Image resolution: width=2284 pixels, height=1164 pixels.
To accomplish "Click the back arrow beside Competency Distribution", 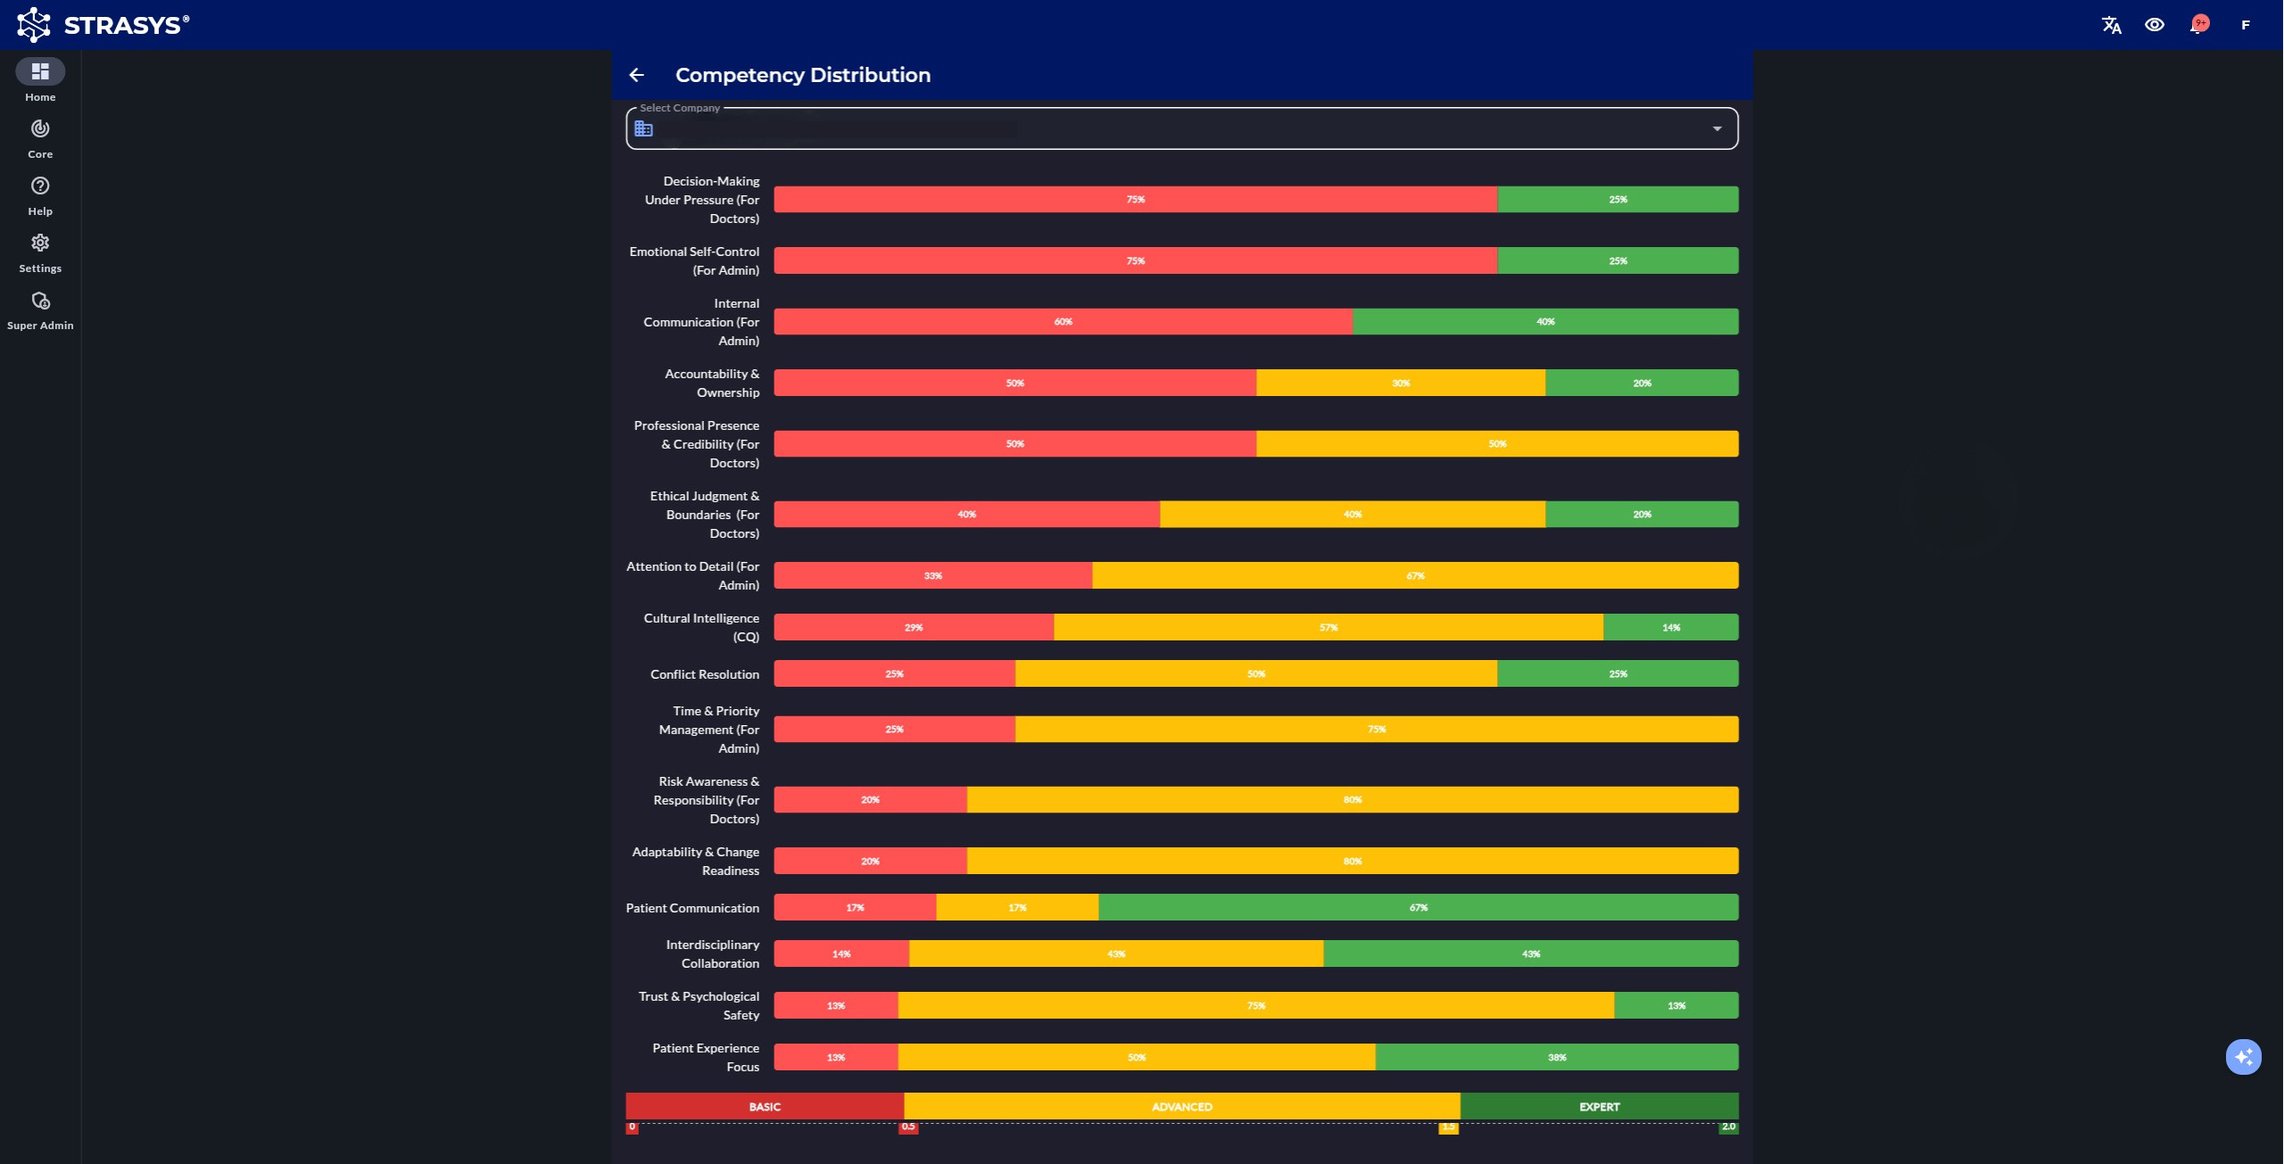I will (636, 75).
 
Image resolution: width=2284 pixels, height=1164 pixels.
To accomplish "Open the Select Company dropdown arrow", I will (1717, 128).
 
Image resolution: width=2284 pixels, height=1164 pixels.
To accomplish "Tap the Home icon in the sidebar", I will (40, 71).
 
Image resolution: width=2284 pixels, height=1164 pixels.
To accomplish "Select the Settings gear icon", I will (40, 244).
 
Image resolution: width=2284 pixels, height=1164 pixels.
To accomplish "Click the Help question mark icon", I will (40, 186).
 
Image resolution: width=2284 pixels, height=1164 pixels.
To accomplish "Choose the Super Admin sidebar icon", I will (40, 301).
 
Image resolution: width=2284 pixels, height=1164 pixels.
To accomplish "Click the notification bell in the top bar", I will (2198, 25).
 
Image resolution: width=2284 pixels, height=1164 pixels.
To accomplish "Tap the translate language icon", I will (2111, 25).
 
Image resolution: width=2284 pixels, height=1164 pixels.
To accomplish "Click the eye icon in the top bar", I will (2155, 25).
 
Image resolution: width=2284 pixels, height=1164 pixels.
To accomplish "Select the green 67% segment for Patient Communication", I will (1418, 907).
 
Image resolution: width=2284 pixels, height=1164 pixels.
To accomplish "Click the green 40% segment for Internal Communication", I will (1545, 322).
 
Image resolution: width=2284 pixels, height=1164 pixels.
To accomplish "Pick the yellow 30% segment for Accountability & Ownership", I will (1401, 383).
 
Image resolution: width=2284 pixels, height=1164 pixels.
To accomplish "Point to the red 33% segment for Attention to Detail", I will (932, 575).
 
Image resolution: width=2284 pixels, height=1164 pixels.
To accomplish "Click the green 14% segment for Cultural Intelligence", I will (1670, 627).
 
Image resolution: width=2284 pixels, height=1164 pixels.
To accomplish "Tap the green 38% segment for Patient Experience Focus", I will (1557, 1057).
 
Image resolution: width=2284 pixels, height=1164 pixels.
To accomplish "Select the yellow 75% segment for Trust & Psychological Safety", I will (1255, 1005).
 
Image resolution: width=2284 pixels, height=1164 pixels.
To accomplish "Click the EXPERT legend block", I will (1599, 1106).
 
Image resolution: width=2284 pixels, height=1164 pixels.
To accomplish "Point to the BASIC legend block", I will (765, 1106).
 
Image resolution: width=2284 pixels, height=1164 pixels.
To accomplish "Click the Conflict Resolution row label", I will (704, 674).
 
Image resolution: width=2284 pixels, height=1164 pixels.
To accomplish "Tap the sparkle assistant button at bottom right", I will (2243, 1057).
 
